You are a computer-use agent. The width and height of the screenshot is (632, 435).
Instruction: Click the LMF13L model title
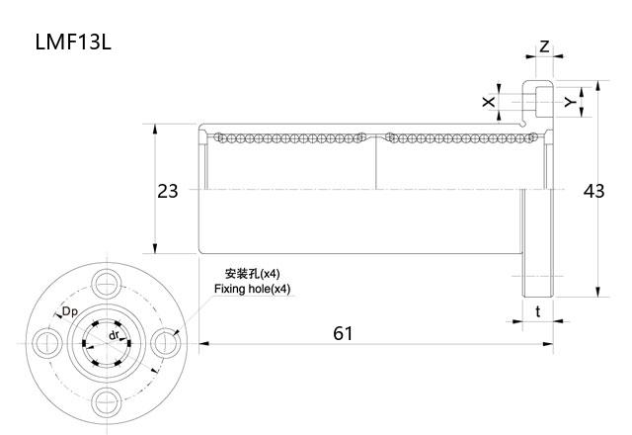(77, 43)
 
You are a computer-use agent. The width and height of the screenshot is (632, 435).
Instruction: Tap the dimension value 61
(342, 333)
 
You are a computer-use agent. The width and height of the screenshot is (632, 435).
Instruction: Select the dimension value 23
(168, 191)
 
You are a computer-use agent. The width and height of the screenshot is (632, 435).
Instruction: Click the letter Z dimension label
(544, 46)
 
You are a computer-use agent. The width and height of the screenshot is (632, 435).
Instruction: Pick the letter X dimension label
(488, 102)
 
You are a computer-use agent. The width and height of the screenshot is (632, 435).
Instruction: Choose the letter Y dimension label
(569, 102)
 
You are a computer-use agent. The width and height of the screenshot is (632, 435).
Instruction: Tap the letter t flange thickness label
(537, 310)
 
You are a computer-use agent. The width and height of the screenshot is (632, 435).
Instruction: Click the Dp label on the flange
(70, 312)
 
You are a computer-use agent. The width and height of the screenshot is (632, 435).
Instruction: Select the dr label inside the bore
(115, 335)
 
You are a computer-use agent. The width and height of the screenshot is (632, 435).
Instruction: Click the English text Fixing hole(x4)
(253, 289)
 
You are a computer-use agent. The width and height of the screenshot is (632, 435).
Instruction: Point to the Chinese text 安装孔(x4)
(253, 273)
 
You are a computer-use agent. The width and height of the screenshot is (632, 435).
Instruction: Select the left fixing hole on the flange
(44, 342)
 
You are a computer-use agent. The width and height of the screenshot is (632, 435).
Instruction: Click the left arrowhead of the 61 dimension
(202, 344)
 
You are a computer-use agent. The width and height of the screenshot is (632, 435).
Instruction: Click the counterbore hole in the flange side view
(538, 100)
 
